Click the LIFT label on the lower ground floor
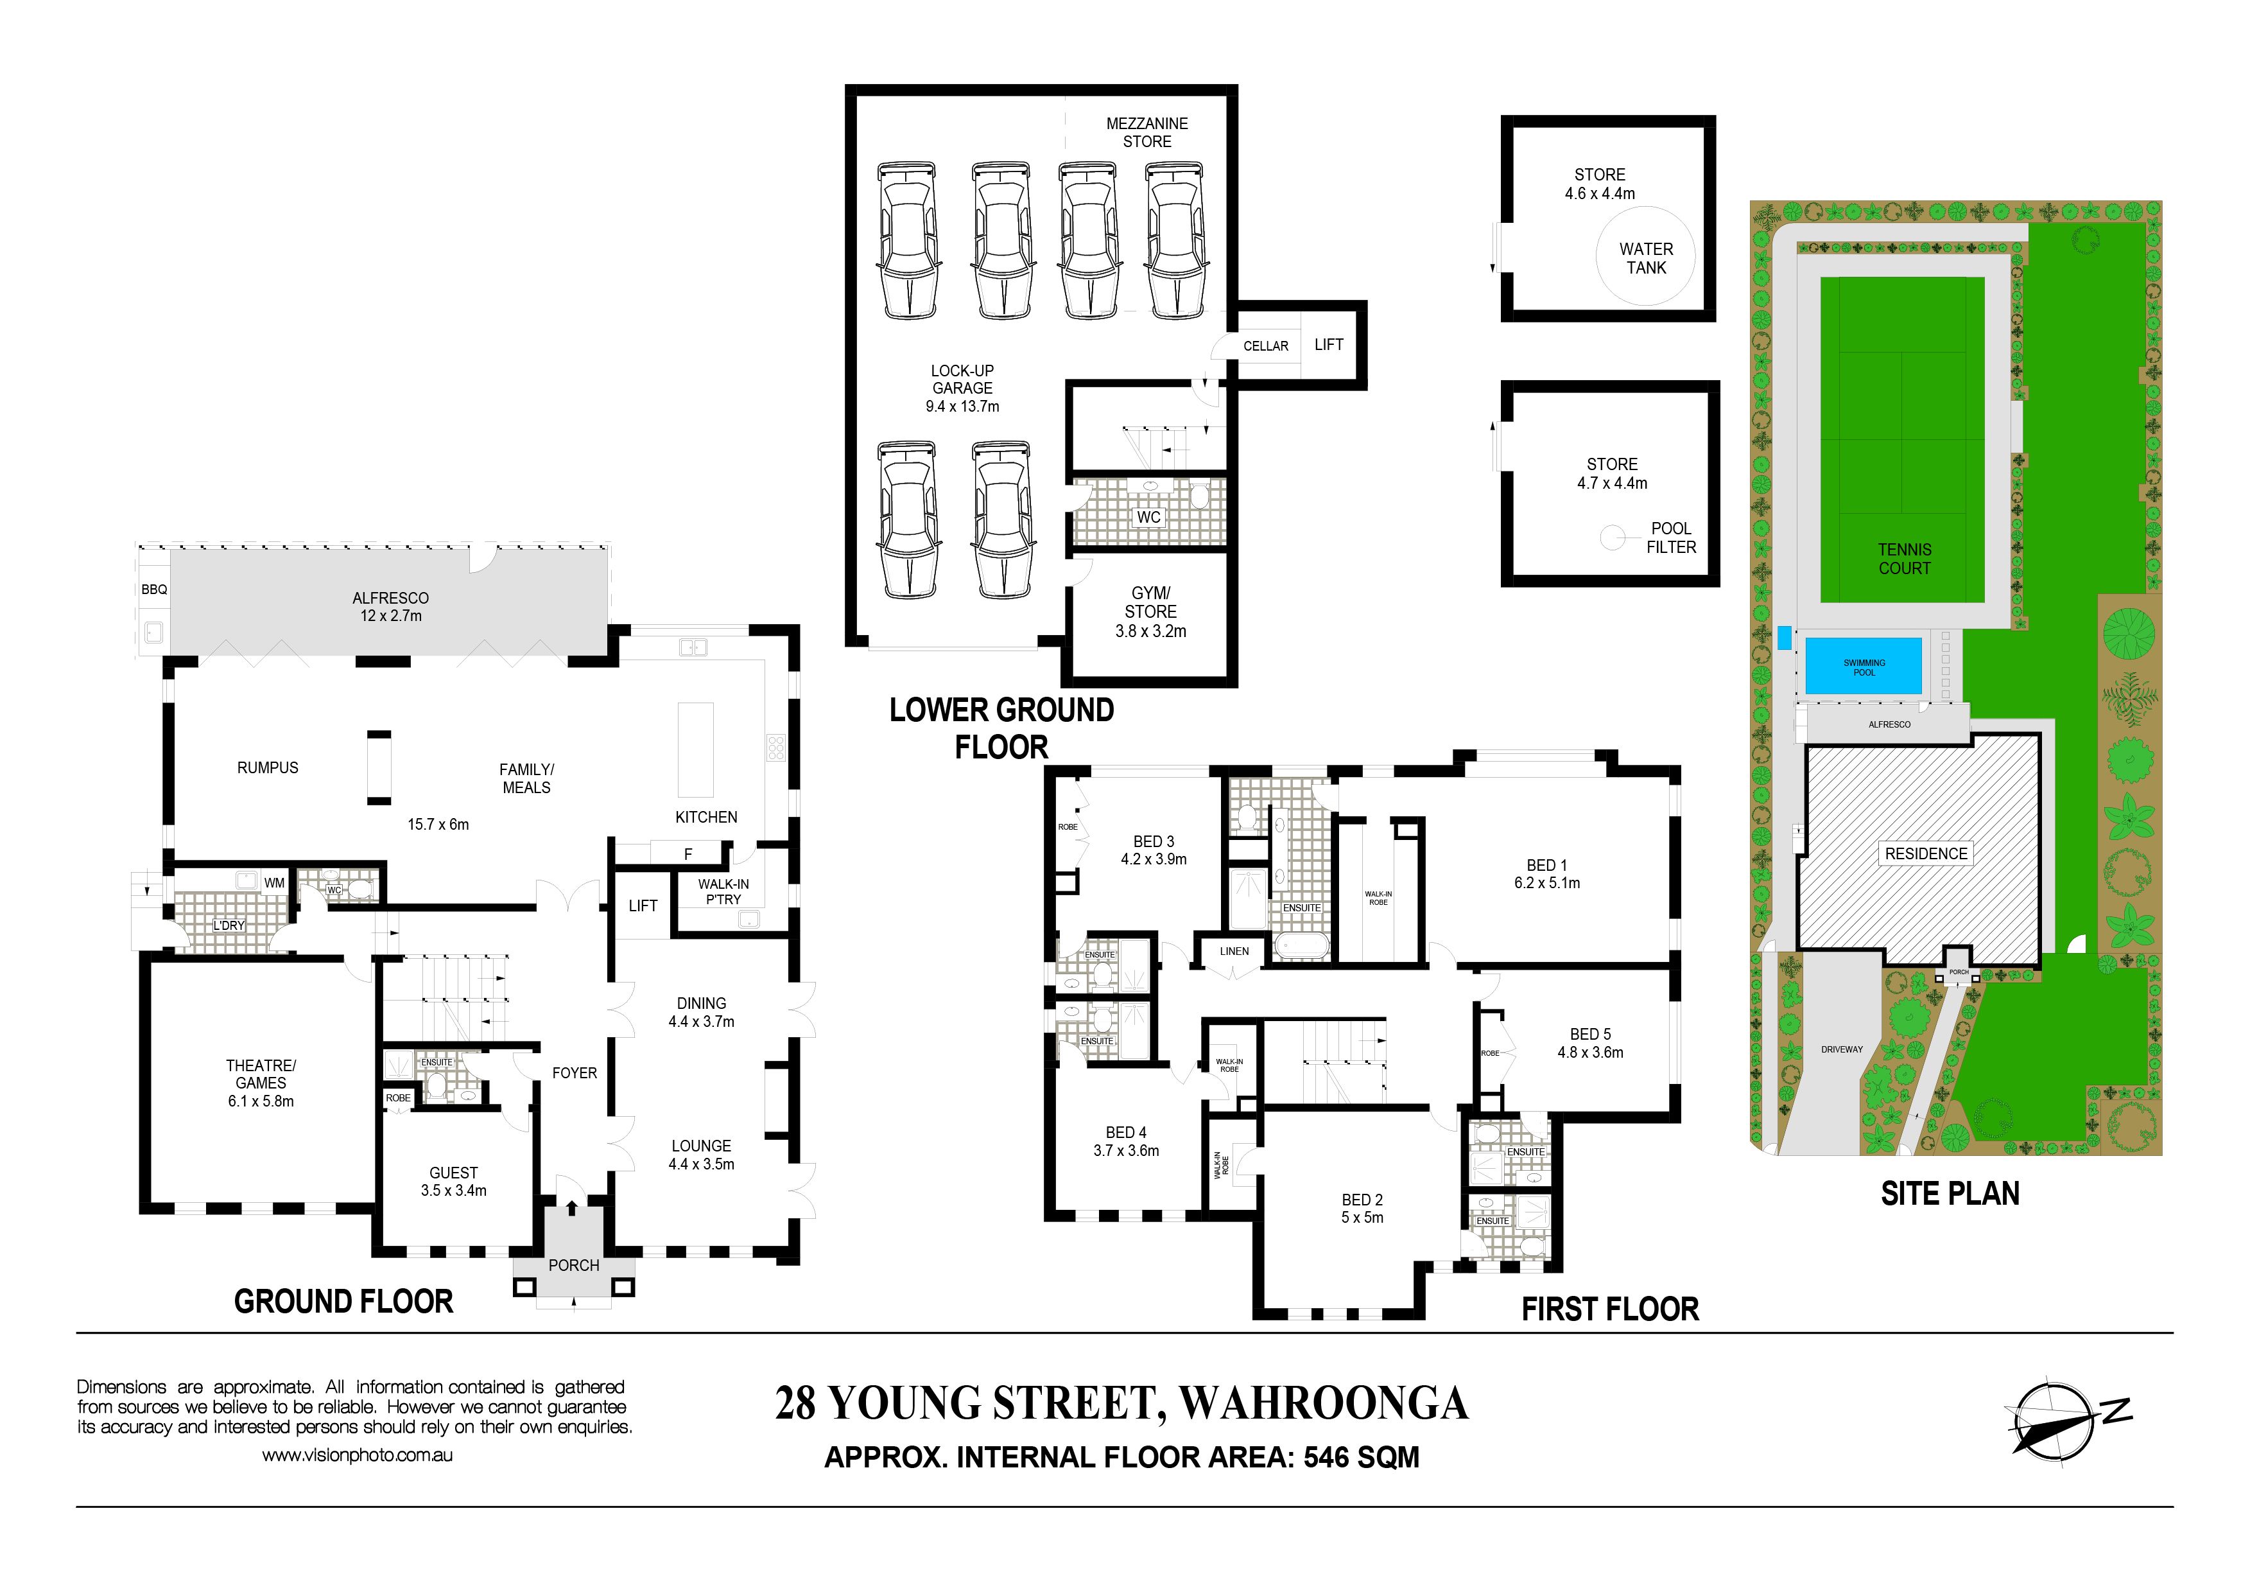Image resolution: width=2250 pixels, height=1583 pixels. [x=1329, y=344]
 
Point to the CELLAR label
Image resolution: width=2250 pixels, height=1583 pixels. [x=1265, y=346]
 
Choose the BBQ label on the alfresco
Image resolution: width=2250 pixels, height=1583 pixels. [x=155, y=589]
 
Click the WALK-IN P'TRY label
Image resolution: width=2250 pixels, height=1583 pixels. [x=723, y=891]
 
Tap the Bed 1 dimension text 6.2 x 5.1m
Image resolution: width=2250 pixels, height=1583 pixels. [x=1546, y=882]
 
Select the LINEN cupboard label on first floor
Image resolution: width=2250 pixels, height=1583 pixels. [x=1234, y=951]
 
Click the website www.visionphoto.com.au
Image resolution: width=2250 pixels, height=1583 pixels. [x=357, y=1456]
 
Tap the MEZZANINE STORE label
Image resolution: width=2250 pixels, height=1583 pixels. [x=1147, y=132]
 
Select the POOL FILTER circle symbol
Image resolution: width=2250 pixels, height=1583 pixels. [x=1613, y=537]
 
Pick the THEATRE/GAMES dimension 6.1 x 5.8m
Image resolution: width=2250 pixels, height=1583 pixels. [x=261, y=1101]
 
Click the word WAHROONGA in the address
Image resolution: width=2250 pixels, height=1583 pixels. [x=1323, y=1403]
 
